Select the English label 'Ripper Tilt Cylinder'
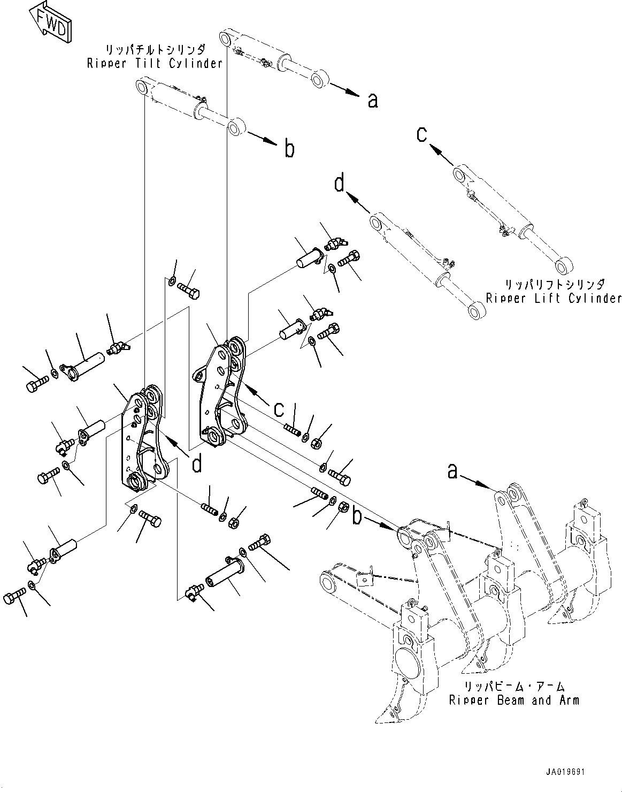[155, 63]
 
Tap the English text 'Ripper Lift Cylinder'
[554, 298]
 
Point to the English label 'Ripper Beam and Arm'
[513, 700]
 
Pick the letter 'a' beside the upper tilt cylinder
[373, 100]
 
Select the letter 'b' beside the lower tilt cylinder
[289, 149]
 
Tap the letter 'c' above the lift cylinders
[422, 134]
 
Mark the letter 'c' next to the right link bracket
[279, 409]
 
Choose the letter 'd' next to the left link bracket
[197, 463]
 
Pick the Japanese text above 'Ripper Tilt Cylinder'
[154, 50]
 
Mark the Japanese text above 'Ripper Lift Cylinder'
[554, 285]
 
